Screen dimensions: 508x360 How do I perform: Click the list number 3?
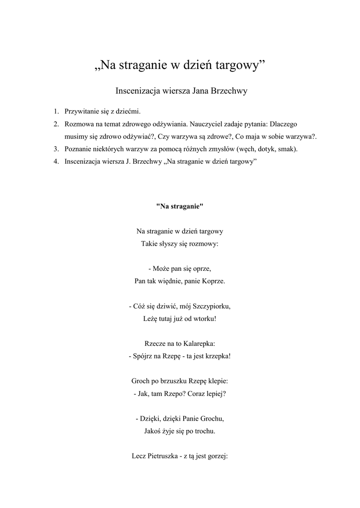[x=56, y=149]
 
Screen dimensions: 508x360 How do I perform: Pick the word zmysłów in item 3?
[x=218, y=149]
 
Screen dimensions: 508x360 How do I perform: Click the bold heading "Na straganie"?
[x=180, y=206]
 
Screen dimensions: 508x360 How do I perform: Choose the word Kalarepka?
[x=198, y=343]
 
